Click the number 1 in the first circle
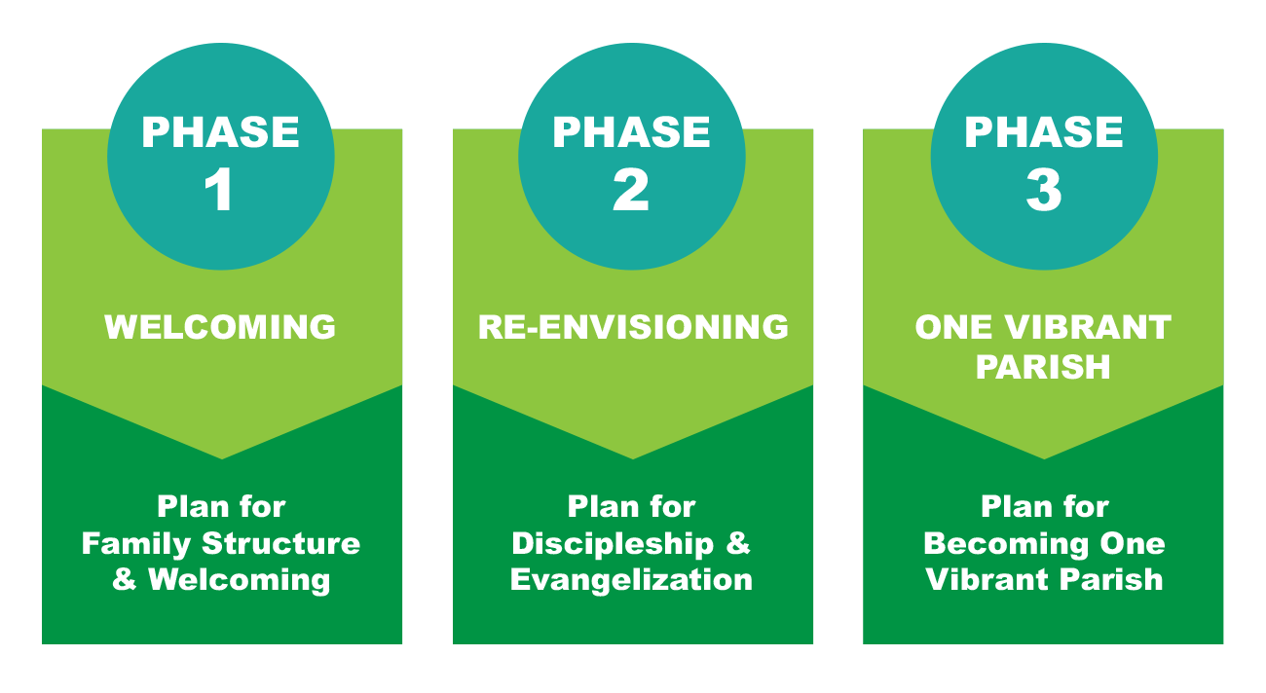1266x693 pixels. tap(219, 189)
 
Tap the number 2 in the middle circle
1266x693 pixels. tap(631, 189)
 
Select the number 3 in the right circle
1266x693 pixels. tap(1044, 189)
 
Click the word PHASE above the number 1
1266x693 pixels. tap(220, 132)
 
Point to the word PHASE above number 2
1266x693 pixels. tap(631, 132)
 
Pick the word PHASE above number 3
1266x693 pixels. tap(1043, 132)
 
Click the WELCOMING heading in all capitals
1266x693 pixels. tap(220, 327)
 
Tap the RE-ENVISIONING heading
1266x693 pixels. tap(633, 327)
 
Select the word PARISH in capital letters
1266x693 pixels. tap(1043, 367)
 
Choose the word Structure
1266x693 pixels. tap(280, 543)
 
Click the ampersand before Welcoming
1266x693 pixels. tap(124, 579)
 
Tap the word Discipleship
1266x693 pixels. tap(613, 544)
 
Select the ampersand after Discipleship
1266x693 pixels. tap(738, 543)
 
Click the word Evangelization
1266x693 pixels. tap(631, 579)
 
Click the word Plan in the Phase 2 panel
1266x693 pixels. tap(603, 506)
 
